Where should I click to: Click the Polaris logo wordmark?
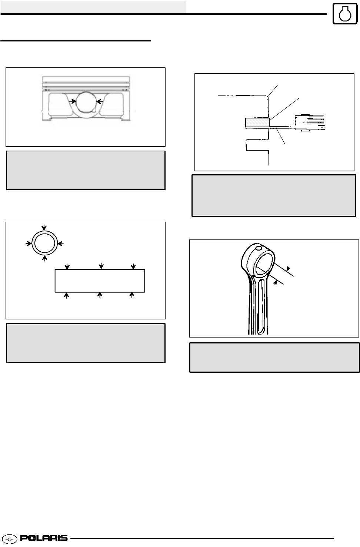tap(44, 538)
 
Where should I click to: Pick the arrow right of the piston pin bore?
tap(99, 101)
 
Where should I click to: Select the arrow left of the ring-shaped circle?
tap(28, 243)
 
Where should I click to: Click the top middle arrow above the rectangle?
tap(101, 265)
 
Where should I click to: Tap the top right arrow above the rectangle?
tap(133, 266)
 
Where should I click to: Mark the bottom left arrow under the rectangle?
tap(67, 295)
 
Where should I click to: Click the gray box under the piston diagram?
tap(86, 170)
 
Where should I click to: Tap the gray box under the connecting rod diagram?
tap(274, 357)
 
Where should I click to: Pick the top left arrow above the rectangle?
tap(67, 266)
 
